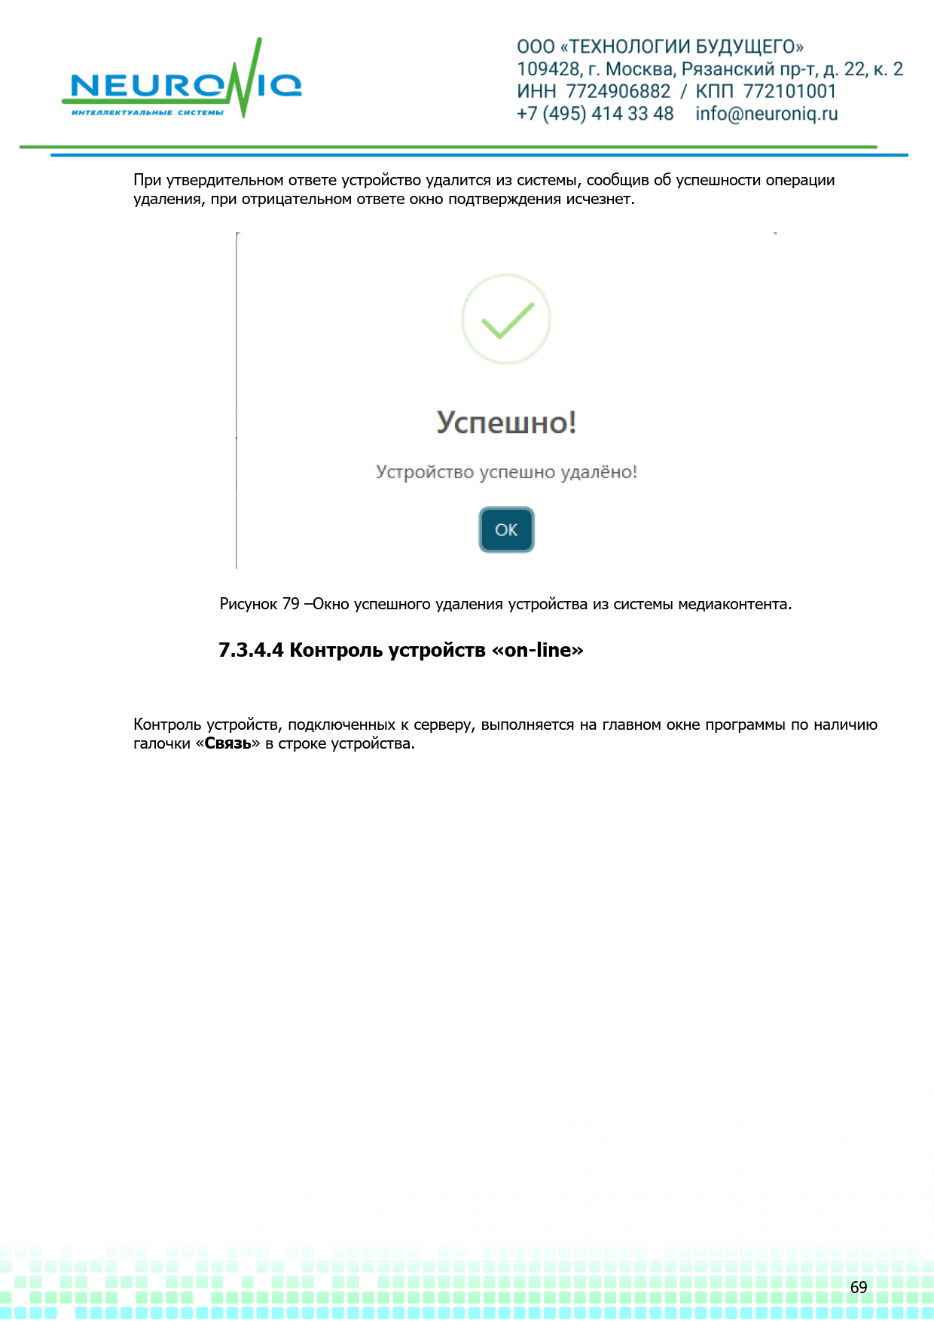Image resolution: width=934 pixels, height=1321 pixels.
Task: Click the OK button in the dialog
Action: pyautogui.click(x=506, y=530)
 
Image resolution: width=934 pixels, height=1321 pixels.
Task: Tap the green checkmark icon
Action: pyautogui.click(x=506, y=319)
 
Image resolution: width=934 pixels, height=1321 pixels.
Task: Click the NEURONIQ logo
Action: pyautogui.click(x=182, y=82)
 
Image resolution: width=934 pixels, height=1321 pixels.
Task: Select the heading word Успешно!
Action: pyautogui.click(x=506, y=423)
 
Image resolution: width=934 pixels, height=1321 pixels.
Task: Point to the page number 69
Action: pyautogui.click(x=859, y=1287)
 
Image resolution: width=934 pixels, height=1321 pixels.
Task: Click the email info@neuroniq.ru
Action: pyautogui.click(x=766, y=114)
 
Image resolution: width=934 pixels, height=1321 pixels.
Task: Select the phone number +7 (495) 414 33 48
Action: pyautogui.click(x=595, y=114)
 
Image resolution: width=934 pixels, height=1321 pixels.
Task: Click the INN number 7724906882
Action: pyautogui.click(x=618, y=91)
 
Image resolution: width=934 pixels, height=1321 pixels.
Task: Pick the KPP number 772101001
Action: pyautogui.click(x=789, y=91)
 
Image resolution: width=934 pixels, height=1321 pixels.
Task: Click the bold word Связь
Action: pyautogui.click(x=227, y=744)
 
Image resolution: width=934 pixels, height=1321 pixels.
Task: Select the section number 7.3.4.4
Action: pyautogui.click(x=251, y=650)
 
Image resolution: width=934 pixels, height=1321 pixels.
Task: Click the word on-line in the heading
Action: pyautogui.click(x=538, y=650)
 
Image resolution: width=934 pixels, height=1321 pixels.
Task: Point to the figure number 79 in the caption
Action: pyautogui.click(x=291, y=604)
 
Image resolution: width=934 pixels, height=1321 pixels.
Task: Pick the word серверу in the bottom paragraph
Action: pyautogui.click(x=442, y=725)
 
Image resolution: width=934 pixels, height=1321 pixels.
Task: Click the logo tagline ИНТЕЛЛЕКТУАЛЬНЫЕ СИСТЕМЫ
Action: pyautogui.click(x=148, y=113)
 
